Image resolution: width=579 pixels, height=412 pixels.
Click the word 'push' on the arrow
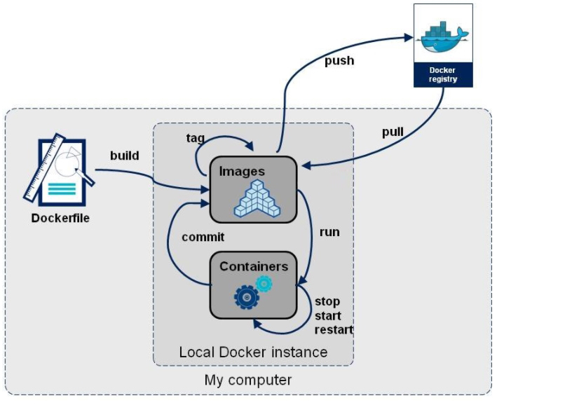[x=339, y=61]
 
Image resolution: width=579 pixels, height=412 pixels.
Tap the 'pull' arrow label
[x=393, y=132]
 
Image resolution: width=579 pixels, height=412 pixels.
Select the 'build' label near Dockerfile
[x=124, y=156]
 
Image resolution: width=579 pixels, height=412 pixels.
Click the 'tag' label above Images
[x=196, y=138]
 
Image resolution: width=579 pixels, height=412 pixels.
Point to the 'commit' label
[x=203, y=237]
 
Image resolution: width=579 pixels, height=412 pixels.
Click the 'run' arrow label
[x=329, y=231]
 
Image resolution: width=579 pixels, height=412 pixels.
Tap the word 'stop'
[x=327, y=302]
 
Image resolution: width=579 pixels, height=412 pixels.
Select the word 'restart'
[x=334, y=329]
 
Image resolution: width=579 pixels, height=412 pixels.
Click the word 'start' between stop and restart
[x=328, y=316]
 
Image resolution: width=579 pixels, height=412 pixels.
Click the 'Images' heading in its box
[x=242, y=171]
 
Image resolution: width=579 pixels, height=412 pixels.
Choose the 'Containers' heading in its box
[x=253, y=267]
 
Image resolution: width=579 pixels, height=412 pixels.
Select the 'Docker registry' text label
[x=442, y=75]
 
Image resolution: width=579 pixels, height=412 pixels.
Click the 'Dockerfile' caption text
[x=60, y=219]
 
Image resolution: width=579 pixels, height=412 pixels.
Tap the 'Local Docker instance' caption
[x=253, y=352]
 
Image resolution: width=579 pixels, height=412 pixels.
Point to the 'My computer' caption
[x=248, y=380]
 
